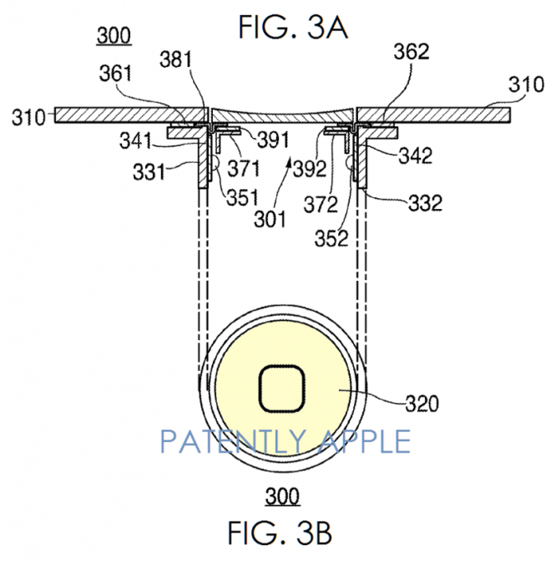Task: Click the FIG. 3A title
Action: pyautogui.click(x=293, y=27)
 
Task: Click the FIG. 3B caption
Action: pyautogui.click(x=280, y=532)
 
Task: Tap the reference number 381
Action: pyautogui.click(x=175, y=59)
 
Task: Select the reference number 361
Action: pyautogui.click(x=115, y=74)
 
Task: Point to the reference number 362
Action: pyautogui.click(x=412, y=52)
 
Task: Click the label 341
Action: pyautogui.click(x=136, y=140)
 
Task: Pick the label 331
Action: pyautogui.click(x=149, y=171)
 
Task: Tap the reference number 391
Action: pyautogui.click(x=273, y=140)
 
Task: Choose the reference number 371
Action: pyautogui.click(x=244, y=168)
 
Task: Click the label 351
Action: pyautogui.click(x=243, y=197)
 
